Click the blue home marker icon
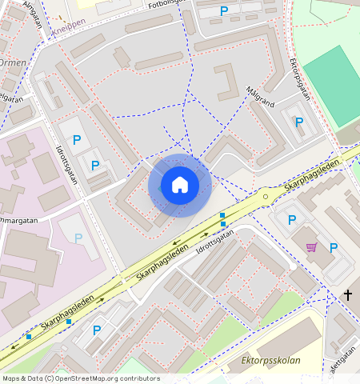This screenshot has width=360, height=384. click(180, 186)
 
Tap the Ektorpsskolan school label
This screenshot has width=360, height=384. click(270, 361)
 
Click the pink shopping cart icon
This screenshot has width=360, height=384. click(311, 247)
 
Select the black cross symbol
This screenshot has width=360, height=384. click(347, 295)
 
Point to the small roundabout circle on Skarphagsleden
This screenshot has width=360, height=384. click(266, 194)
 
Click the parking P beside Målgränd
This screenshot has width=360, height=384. click(298, 122)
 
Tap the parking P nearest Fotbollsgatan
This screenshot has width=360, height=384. click(223, 10)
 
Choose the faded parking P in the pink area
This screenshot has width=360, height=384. click(78, 238)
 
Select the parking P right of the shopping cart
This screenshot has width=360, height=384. click(334, 247)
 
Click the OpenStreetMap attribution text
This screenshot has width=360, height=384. click(80, 378)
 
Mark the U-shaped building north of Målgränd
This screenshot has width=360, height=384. click(226, 82)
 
